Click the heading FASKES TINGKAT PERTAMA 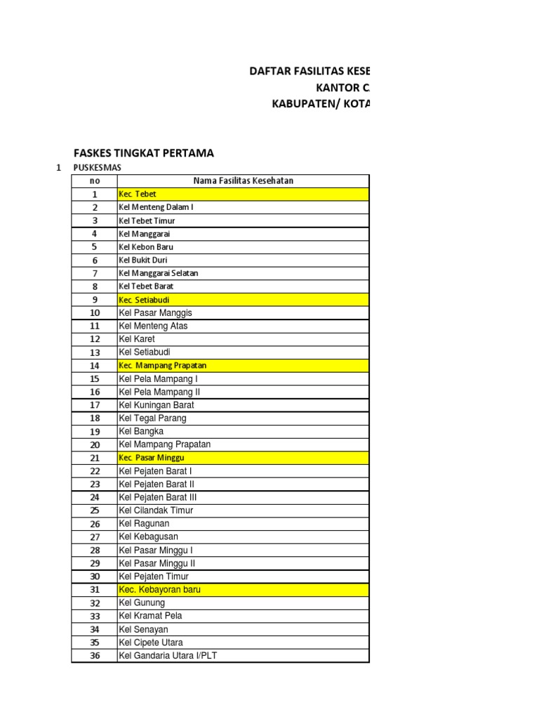tap(144, 153)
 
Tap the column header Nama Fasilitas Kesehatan tap(243, 181)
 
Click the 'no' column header tap(95, 181)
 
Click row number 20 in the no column tap(95, 444)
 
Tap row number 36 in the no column tap(95, 656)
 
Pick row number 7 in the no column tap(95, 273)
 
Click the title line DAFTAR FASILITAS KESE tap(310, 72)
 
